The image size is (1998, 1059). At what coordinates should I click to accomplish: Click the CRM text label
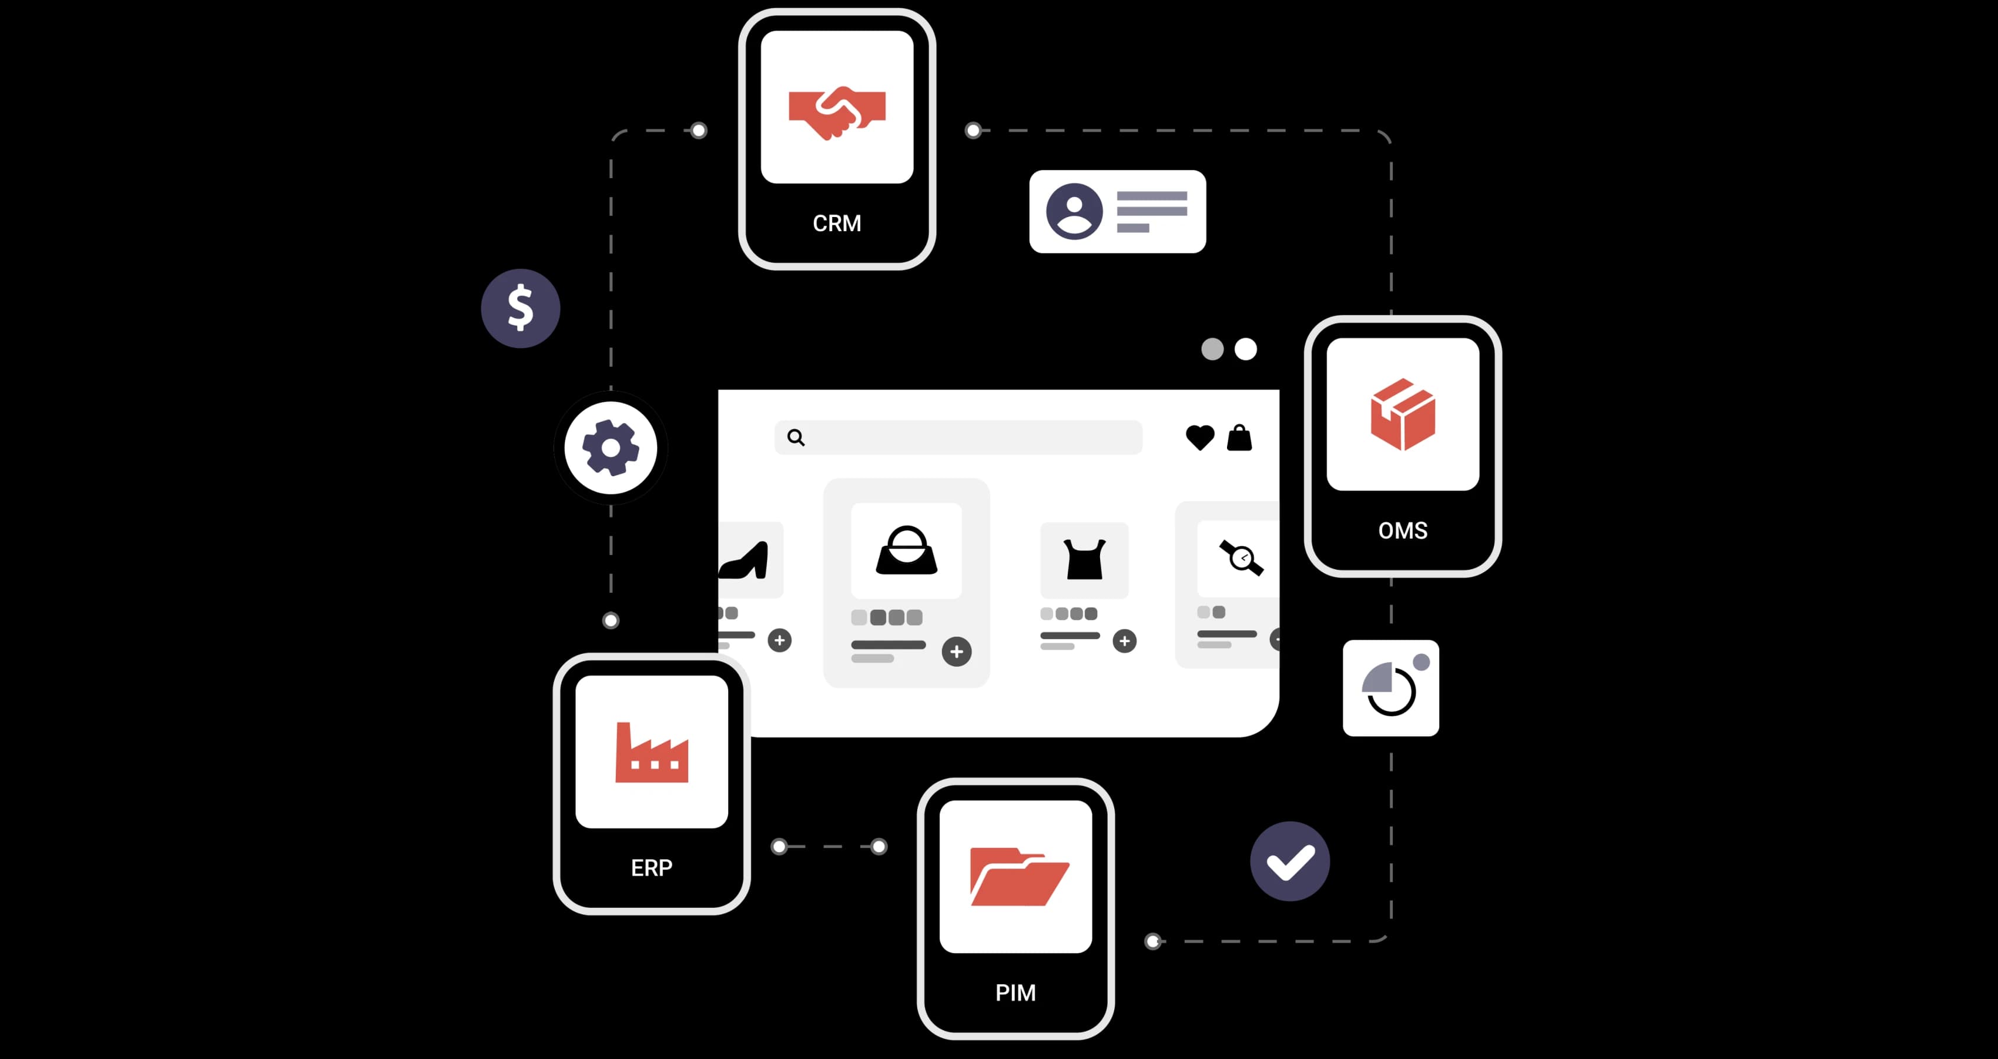click(x=837, y=223)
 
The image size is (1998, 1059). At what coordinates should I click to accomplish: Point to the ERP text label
click(x=652, y=867)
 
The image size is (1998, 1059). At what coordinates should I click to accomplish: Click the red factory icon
click(x=652, y=752)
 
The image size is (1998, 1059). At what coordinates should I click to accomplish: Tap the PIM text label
click(x=1015, y=993)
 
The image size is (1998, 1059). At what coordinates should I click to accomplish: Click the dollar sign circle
click(x=521, y=308)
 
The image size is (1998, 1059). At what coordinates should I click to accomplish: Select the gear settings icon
click(x=611, y=447)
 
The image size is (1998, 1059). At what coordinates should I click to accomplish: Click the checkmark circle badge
click(x=1290, y=861)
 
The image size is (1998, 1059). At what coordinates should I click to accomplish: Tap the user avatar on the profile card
click(x=1074, y=211)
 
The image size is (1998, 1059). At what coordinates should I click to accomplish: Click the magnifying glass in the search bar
click(x=796, y=437)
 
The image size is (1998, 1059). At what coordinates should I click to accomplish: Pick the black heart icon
click(x=1200, y=437)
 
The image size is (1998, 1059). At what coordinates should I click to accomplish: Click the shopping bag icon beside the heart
click(x=1239, y=437)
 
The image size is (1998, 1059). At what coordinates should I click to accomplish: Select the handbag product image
click(x=906, y=550)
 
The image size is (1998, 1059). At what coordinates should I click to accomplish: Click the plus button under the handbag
click(x=956, y=652)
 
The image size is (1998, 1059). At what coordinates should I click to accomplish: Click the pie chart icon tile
click(x=1391, y=688)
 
